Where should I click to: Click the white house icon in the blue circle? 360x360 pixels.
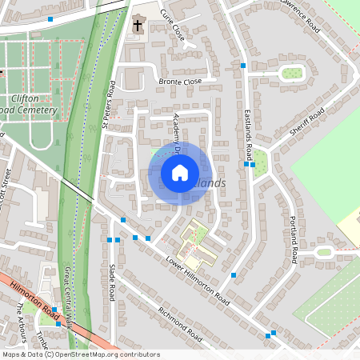tap(179, 172)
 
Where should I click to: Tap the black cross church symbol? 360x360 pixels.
tap(137, 25)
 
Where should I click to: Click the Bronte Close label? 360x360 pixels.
tap(169, 82)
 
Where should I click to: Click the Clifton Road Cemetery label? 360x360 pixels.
tap(28, 104)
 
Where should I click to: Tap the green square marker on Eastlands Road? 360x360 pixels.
tap(253, 166)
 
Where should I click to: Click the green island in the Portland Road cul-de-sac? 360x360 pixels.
tap(325, 252)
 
